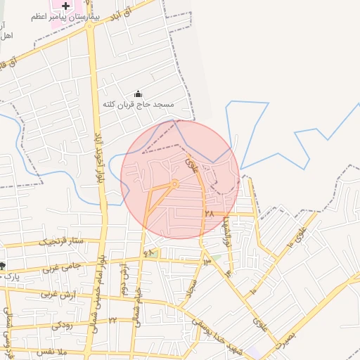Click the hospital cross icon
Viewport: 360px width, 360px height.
(x=65, y=6)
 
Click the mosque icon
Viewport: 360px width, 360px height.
(x=138, y=94)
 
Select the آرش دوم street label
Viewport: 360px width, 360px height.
(x=123, y=277)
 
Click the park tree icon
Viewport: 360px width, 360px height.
(x=3, y=265)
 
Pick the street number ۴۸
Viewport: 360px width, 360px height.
(x=148, y=252)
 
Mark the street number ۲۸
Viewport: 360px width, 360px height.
(x=209, y=212)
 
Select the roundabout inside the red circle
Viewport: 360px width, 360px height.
(x=174, y=184)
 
